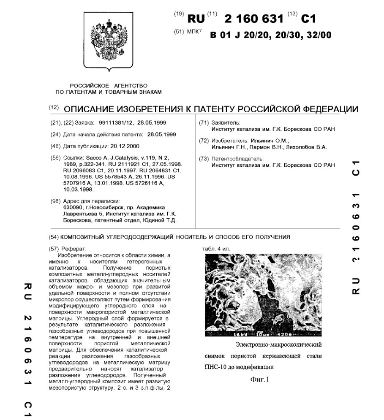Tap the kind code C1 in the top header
(x=308, y=19)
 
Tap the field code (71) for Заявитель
(x=204, y=123)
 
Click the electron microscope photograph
(x=263, y=295)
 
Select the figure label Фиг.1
(x=259, y=379)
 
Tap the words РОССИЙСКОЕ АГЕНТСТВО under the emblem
(x=109, y=85)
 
